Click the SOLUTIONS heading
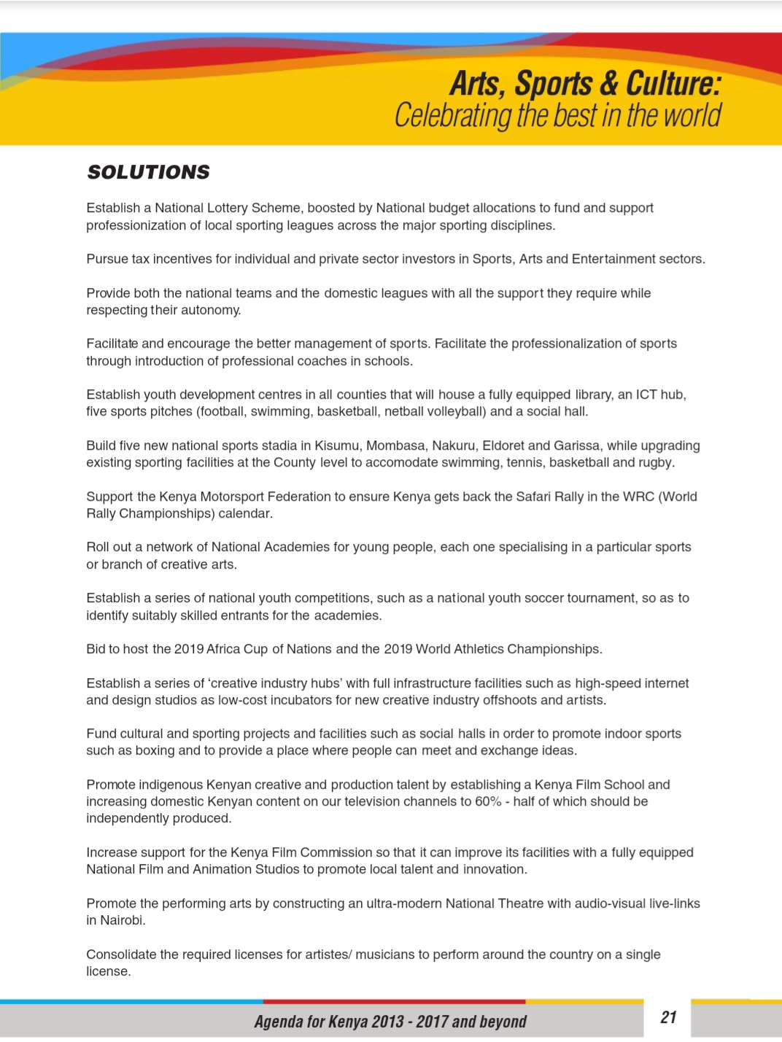tap(148, 172)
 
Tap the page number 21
tap(668, 1017)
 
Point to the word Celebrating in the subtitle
tap(453, 116)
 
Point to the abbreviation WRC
tap(638, 497)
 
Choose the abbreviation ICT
tap(646, 394)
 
